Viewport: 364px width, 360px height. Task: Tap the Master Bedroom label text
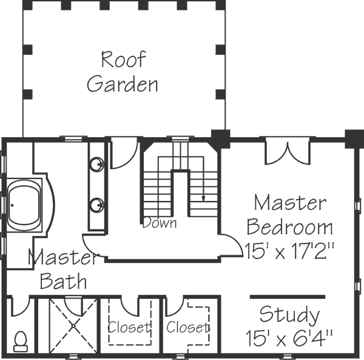pyautogui.click(x=290, y=215)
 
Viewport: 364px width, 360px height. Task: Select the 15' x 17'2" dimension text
pyautogui.click(x=291, y=250)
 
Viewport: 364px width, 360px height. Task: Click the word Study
pyautogui.click(x=289, y=315)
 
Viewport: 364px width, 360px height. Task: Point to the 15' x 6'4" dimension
pyautogui.click(x=290, y=338)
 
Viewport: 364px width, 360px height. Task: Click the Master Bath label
pyautogui.click(x=63, y=270)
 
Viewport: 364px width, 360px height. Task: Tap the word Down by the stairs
pyautogui.click(x=160, y=223)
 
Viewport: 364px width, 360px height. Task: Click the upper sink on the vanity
pyautogui.click(x=96, y=163)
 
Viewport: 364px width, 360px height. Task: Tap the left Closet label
pyautogui.click(x=129, y=328)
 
